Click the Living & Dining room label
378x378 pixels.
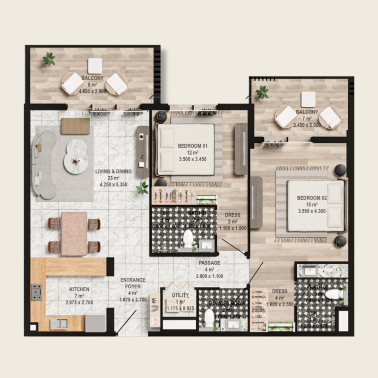tap(113, 171)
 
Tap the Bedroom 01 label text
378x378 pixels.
tap(193, 146)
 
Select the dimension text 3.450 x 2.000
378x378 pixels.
tap(306, 125)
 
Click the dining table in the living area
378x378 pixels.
tap(74, 234)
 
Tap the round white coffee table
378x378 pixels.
tap(76, 156)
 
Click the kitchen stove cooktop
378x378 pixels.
tap(37, 292)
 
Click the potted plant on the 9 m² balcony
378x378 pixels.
tap(49, 59)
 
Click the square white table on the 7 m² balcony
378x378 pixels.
tap(308, 99)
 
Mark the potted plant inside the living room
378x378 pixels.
tap(142, 188)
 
